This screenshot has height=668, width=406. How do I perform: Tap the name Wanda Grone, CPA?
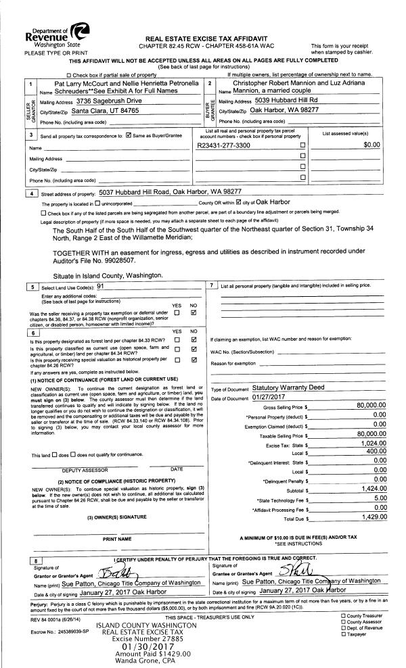click(141, 662)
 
